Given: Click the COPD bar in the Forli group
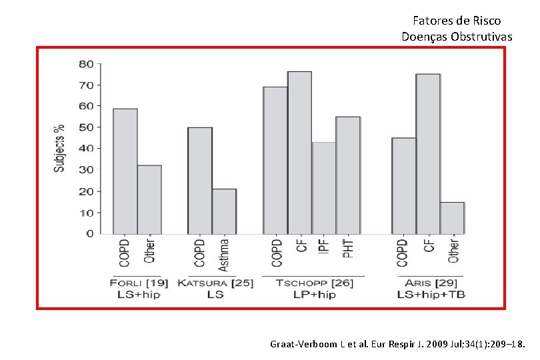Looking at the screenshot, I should coord(125,171).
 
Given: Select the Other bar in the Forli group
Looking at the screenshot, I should coord(149,199).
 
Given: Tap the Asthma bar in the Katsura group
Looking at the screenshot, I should coord(224,211).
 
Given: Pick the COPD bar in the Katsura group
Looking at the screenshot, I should coord(200,180).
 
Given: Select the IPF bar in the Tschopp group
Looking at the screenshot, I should coord(323,187).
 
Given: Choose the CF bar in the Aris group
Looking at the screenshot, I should coord(427,153).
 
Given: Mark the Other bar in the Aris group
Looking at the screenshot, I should coord(451,217).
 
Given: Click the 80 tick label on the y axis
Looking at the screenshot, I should coord(86,64).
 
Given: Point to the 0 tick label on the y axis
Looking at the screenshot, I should coord(89,234).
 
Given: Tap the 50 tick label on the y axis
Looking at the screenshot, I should coord(86,127).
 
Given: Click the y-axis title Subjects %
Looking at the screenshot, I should coord(59,148).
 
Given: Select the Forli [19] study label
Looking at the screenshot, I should coord(135,283).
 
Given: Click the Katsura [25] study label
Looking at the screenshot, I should coord(215,283).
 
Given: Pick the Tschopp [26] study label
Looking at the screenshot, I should coord(315,283).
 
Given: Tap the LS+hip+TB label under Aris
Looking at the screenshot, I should coord(431,294).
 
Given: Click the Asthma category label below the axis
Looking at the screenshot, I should coord(224,255).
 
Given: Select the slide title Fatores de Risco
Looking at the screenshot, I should coord(457,21).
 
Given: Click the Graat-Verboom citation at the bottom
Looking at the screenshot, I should coord(398,345).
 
